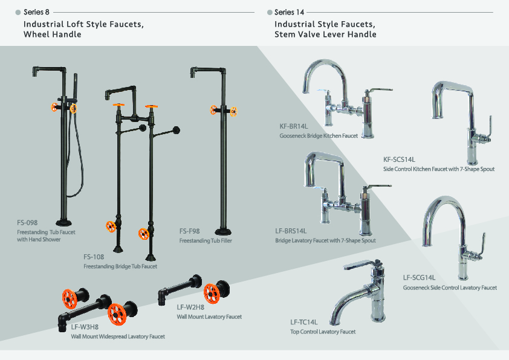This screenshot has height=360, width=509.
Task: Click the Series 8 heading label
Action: coord(36,12)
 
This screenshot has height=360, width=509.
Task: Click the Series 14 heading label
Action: coord(289,12)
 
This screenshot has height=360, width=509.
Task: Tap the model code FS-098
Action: coord(27,223)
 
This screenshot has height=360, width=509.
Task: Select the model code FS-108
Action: coord(94,257)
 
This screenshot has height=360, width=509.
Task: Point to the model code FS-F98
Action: coord(190,231)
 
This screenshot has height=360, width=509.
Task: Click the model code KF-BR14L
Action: coord(294,127)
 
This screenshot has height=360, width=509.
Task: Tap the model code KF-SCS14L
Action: coord(400,159)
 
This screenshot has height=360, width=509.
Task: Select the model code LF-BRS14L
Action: coord(291,231)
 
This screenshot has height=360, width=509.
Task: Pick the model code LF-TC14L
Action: coord(304,322)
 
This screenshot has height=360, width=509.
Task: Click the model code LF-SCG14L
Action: coord(420,278)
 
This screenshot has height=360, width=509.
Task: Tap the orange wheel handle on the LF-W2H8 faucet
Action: coord(212,292)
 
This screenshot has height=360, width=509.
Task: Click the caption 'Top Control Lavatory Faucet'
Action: coord(323,332)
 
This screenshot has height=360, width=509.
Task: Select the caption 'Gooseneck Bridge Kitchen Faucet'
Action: coord(319,136)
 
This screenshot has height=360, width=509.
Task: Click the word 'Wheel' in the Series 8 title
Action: coord(37,34)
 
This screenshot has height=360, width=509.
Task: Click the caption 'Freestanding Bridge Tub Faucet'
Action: coord(120,266)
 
